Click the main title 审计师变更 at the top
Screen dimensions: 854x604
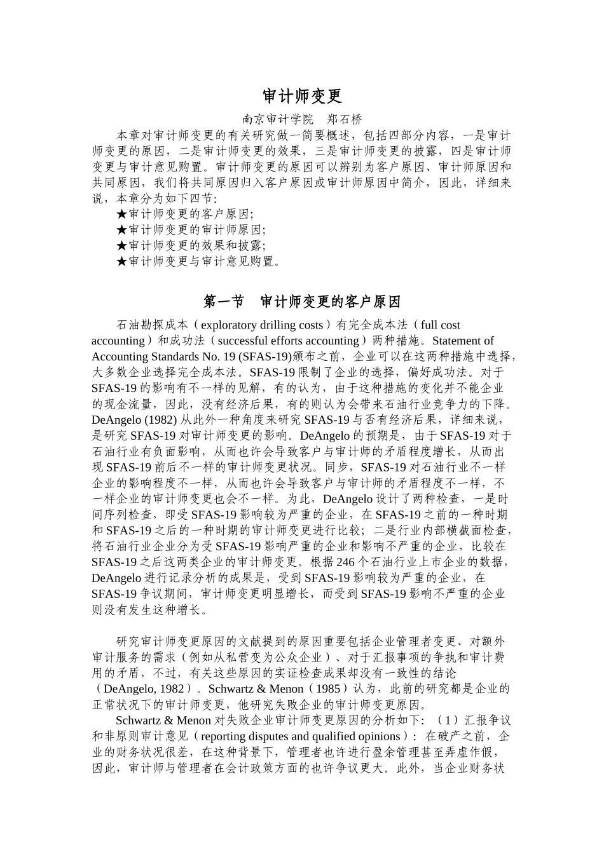(x=302, y=96)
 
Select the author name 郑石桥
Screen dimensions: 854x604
(x=344, y=119)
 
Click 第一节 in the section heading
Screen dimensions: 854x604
(x=223, y=301)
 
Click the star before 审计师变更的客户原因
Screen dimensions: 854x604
(x=122, y=214)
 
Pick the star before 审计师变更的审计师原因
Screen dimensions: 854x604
(x=122, y=230)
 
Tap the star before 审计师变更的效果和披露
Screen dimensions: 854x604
(x=122, y=246)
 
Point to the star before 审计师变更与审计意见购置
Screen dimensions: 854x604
(x=122, y=262)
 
